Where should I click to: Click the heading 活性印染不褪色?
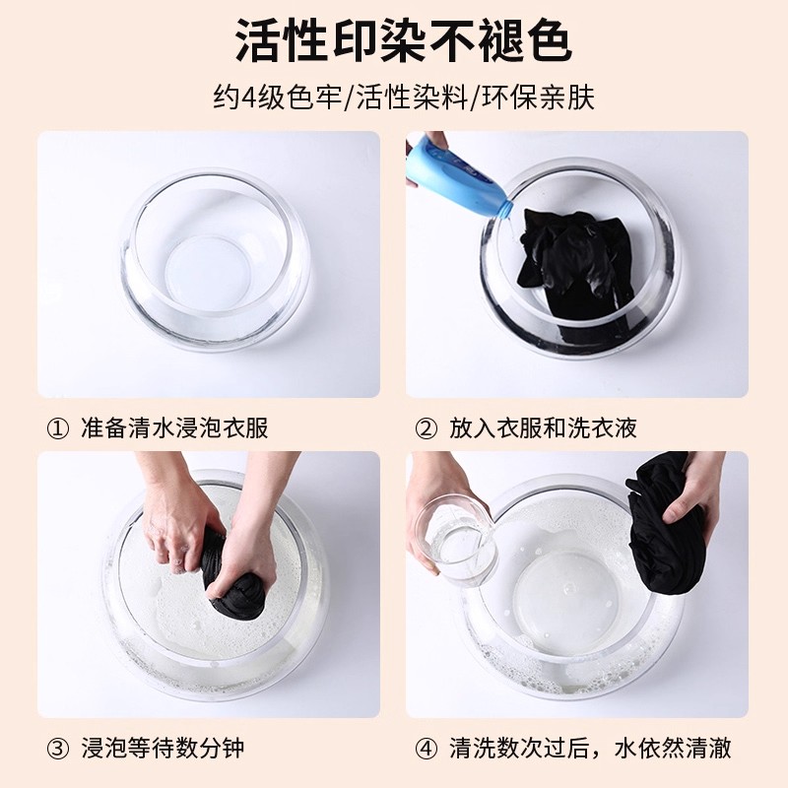(403, 40)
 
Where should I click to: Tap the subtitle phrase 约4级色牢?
(278, 97)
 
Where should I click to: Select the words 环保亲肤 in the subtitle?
(538, 97)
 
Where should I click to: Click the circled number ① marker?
(58, 429)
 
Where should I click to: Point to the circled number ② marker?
(427, 429)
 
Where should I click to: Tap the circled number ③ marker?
(58, 749)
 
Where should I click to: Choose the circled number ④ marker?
(427, 749)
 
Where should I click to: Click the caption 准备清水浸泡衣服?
(175, 428)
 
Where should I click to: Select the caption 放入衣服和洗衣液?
(544, 428)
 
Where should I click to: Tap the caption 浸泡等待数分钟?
(163, 749)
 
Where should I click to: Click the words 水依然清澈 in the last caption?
(673, 749)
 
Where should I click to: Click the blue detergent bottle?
(457, 173)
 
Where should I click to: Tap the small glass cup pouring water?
(453, 539)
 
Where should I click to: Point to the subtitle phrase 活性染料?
(412, 97)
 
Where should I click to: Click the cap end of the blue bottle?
(506, 210)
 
